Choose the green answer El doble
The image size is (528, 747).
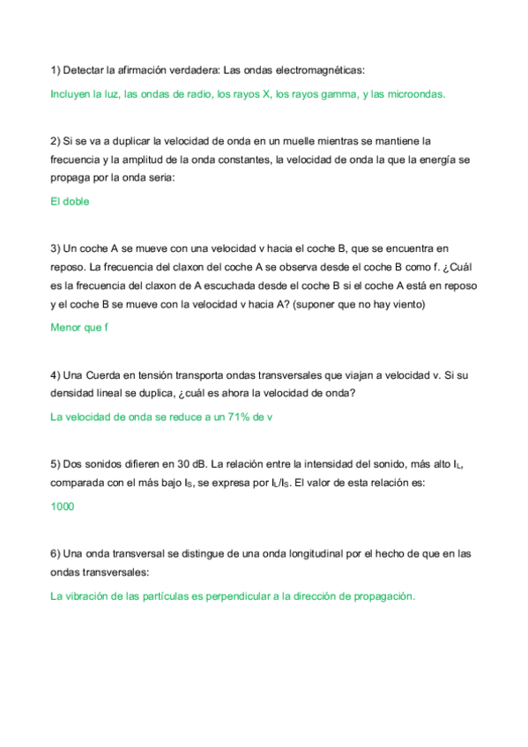[x=70, y=201]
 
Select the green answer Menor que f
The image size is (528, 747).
[x=79, y=327]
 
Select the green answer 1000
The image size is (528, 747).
[x=63, y=507]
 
